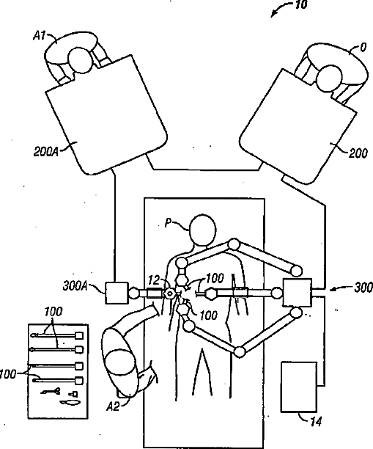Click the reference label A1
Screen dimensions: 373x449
coord(40,35)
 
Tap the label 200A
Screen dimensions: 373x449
coord(45,151)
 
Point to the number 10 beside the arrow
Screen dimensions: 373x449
coord(300,4)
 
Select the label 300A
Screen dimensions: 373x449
coord(75,286)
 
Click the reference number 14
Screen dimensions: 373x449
coord(316,422)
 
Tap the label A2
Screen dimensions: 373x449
coord(113,406)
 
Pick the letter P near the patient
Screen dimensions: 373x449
coord(168,222)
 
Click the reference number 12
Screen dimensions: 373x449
coord(154,280)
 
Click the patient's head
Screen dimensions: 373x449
coord(202,230)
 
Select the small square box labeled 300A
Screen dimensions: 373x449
coord(117,293)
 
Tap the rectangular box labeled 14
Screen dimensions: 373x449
coord(299,387)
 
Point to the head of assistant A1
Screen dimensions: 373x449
coord(81,60)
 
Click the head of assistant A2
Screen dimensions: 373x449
coord(119,363)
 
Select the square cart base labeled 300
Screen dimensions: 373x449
coord(298,293)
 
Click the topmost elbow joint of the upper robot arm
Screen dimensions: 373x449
coord(234,244)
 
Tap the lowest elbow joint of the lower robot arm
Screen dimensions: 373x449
coord(240,351)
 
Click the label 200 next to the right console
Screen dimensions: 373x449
coord(358,154)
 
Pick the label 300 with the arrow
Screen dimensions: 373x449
coord(363,287)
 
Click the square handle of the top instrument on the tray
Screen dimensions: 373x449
coord(79,335)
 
